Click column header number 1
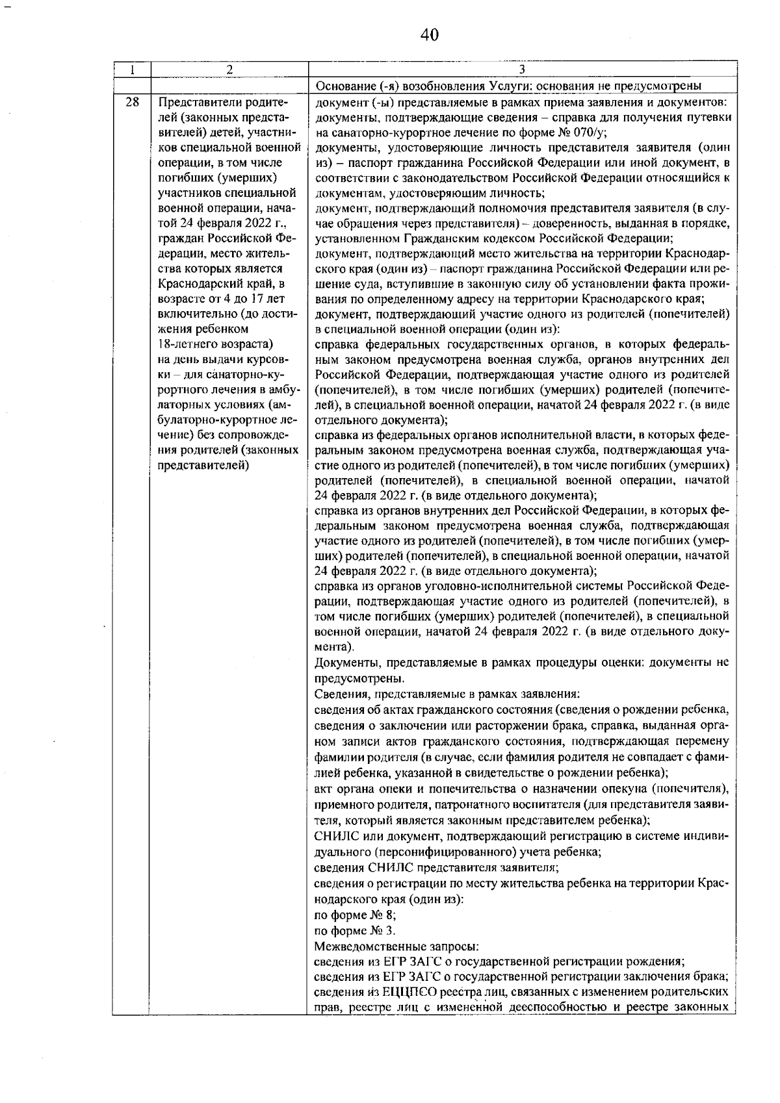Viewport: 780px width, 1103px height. [x=131, y=70]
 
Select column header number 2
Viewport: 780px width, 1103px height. [x=229, y=70]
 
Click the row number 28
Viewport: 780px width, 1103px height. [x=132, y=103]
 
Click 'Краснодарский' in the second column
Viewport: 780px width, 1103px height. [x=199, y=284]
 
